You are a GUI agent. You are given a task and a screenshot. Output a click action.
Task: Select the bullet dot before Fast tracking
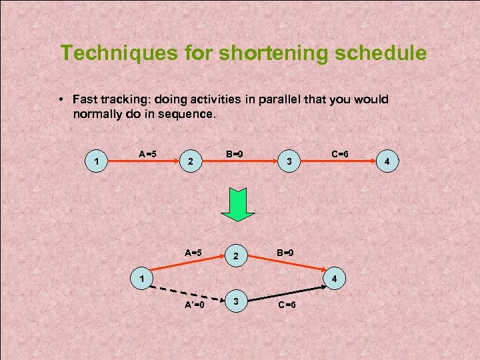click(x=60, y=100)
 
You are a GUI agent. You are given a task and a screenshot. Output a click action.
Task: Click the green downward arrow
click(x=238, y=203)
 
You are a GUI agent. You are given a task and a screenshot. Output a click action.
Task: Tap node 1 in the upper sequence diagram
click(x=98, y=161)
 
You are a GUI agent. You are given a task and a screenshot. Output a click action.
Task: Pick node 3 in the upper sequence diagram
click(x=288, y=161)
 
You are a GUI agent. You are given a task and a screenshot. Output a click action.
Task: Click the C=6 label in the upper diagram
click(x=340, y=154)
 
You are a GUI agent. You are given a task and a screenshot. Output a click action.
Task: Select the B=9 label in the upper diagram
click(x=233, y=154)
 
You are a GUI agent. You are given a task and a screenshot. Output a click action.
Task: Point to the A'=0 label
click(x=195, y=305)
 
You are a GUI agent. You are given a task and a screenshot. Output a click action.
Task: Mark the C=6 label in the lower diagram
click(x=287, y=305)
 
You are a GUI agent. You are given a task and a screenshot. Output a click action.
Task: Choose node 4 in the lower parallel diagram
click(x=335, y=277)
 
